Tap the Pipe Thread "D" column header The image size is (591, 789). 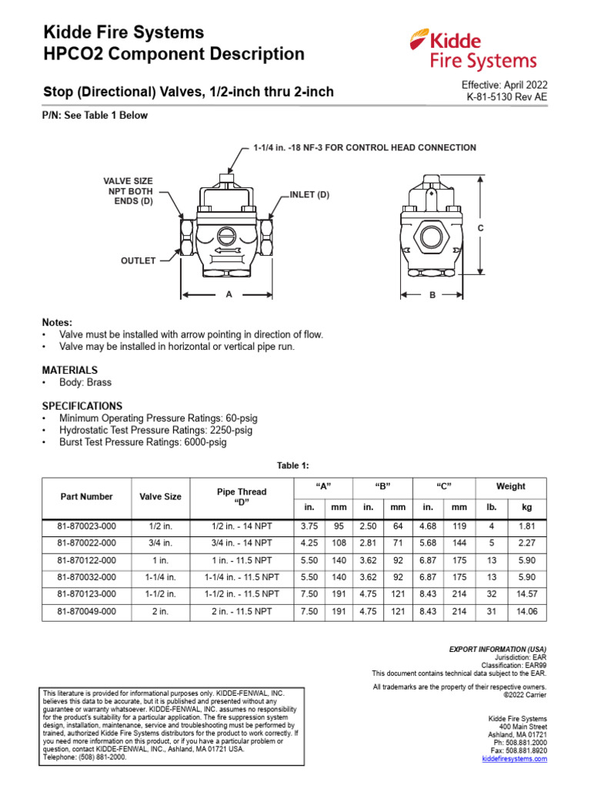click(242, 496)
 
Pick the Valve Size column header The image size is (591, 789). click(160, 497)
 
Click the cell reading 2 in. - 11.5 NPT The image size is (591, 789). click(242, 612)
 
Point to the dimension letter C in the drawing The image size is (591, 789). click(480, 228)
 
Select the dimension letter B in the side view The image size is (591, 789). click(432, 295)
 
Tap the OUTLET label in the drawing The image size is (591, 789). click(138, 261)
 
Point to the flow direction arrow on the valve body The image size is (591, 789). click(227, 250)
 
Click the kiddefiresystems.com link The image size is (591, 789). click(514, 759)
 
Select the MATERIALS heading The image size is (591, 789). click(69, 370)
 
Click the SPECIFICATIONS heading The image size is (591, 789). click(82, 405)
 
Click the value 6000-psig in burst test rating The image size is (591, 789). click(202, 442)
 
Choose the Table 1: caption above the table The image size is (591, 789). click(292, 465)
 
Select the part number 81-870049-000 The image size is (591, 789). click(86, 612)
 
